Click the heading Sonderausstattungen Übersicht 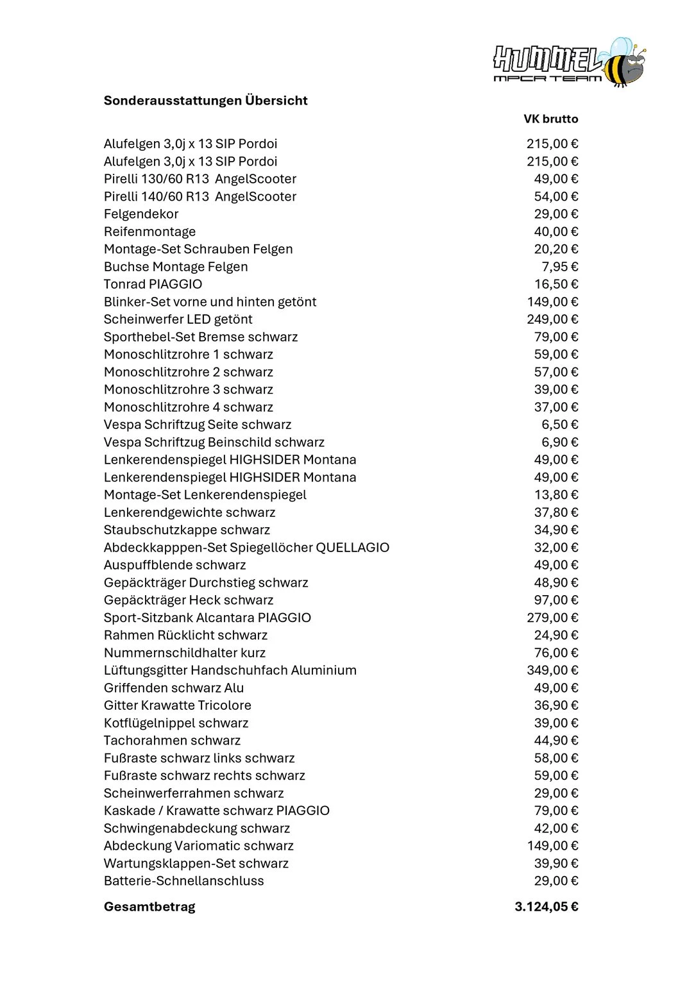click(205, 101)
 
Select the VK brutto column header click(550, 119)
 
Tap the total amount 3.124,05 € click(546, 907)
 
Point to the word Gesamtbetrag click(149, 907)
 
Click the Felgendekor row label click(141, 214)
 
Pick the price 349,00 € click(552, 670)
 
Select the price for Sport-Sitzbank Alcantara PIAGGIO click(552, 618)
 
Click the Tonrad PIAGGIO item click(153, 284)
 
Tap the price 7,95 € click(559, 267)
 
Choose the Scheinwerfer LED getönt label click(178, 319)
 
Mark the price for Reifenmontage click(556, 232)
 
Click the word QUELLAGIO click(353, 548)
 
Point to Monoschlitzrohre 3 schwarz click(188, 389)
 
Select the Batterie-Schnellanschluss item click(183, 881)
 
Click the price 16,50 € click(556, 284)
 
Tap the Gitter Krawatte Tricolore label click(177, 705)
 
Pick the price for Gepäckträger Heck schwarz click(556, 600)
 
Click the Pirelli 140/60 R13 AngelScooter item click(199, 197)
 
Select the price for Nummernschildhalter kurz click(556, 653)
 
